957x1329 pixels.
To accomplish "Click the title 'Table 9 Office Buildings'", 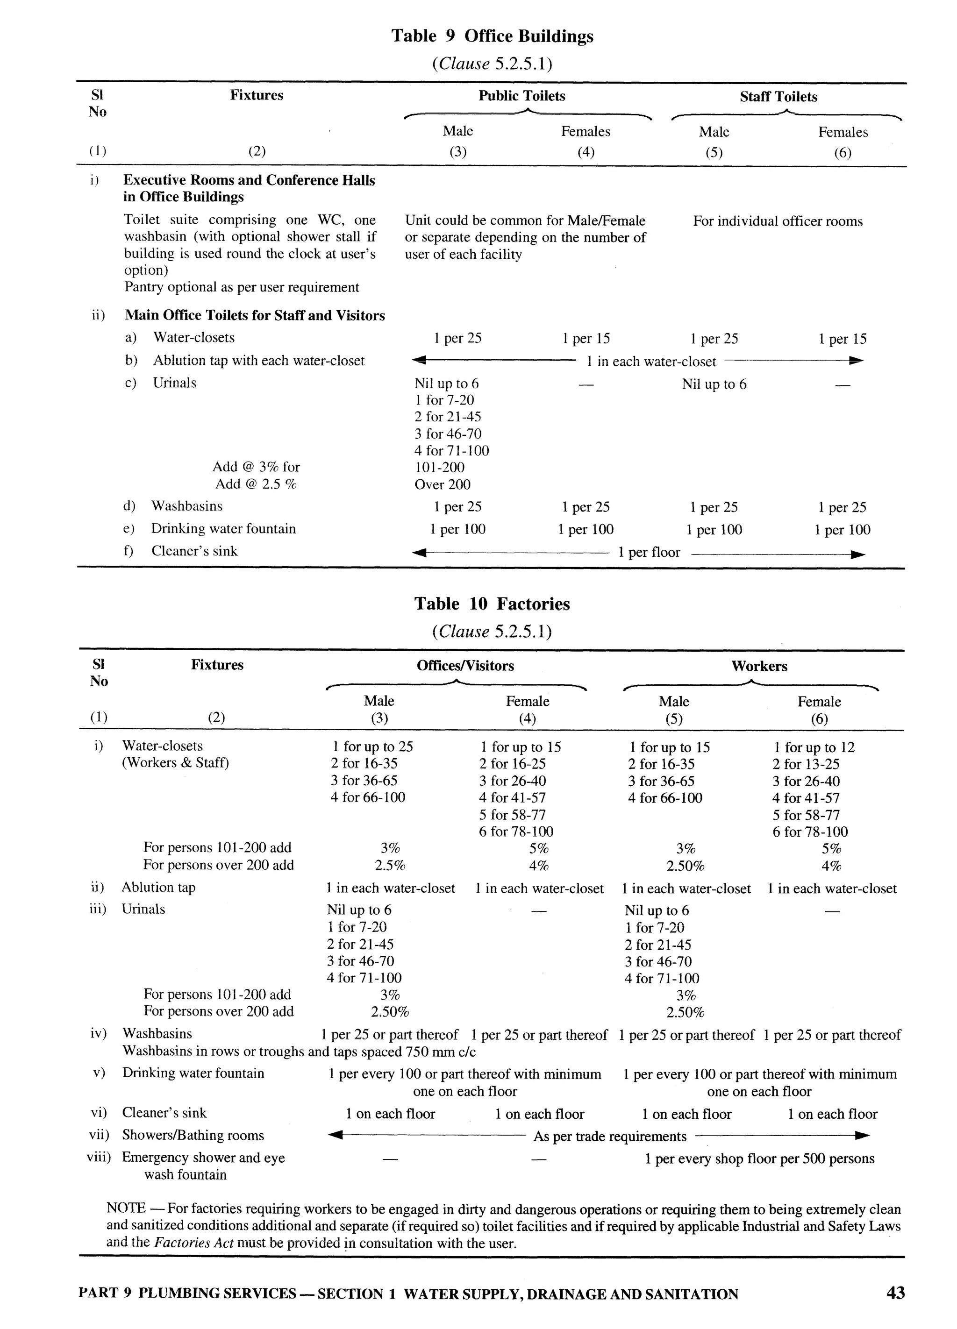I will coord(492,36).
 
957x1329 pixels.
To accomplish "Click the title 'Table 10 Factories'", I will coord(492,604).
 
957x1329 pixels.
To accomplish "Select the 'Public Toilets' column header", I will coord(521,96).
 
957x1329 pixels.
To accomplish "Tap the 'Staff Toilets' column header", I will coord(778,97).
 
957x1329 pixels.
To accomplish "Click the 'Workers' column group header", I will coord(759,666).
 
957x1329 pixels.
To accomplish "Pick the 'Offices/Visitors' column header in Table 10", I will coord(465,666).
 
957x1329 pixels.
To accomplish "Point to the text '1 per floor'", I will coord(649,553).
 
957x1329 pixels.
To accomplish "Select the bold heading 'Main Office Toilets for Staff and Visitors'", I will coord(254,315).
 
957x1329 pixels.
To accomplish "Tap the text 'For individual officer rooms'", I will coord(777,221).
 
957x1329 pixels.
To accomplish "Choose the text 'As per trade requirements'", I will coord(609,1137).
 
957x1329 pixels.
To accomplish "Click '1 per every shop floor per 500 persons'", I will coord(759,1158).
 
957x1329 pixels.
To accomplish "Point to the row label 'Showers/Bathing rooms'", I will coord(193,1135).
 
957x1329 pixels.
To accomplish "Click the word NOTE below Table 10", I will coord(125,1208).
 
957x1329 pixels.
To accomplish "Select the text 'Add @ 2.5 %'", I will coord(256,484).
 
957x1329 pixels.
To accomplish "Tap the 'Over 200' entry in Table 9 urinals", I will coord(443,484).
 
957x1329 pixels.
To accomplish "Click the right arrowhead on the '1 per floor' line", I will coord(857,554).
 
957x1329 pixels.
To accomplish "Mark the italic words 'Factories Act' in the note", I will coord(193,1243).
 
